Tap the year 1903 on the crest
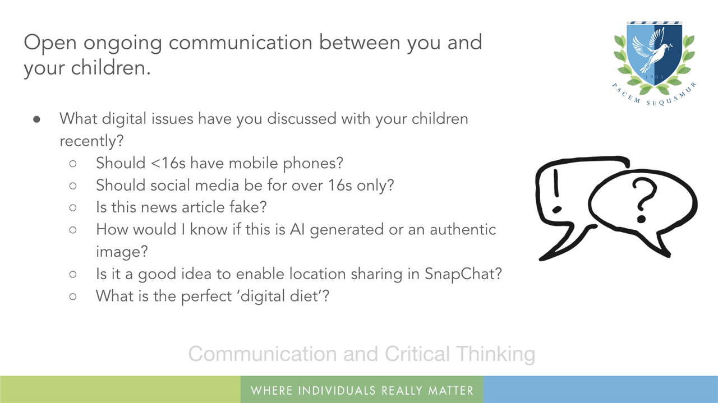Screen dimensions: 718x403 click(654, 77)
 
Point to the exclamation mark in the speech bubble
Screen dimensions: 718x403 click(556, 191)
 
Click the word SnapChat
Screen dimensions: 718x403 click(463, 274)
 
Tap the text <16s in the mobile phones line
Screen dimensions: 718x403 click(168, 163)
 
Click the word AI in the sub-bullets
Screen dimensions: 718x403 click(297, 229)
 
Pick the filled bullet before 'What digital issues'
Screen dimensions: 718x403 click(36, 119)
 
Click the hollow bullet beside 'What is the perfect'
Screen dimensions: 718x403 click(73, 297)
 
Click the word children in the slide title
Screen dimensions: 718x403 click(111, 68)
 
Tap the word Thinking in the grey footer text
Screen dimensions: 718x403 click(495, 354)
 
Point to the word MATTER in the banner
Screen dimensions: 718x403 click(450, 391)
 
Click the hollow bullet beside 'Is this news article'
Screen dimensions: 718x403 click(73, 208)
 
